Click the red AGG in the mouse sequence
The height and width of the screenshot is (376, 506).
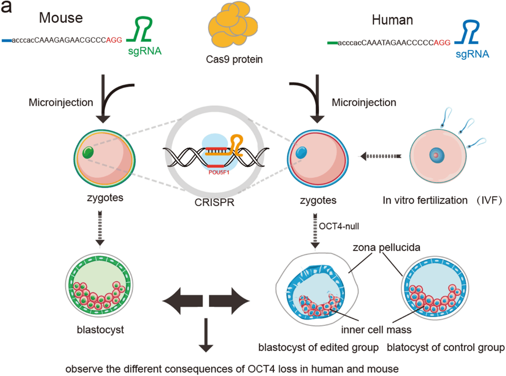tap(114, 40)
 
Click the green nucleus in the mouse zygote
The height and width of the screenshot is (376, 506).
tap(88, 153)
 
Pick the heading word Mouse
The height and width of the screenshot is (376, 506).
tap(61, 18)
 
